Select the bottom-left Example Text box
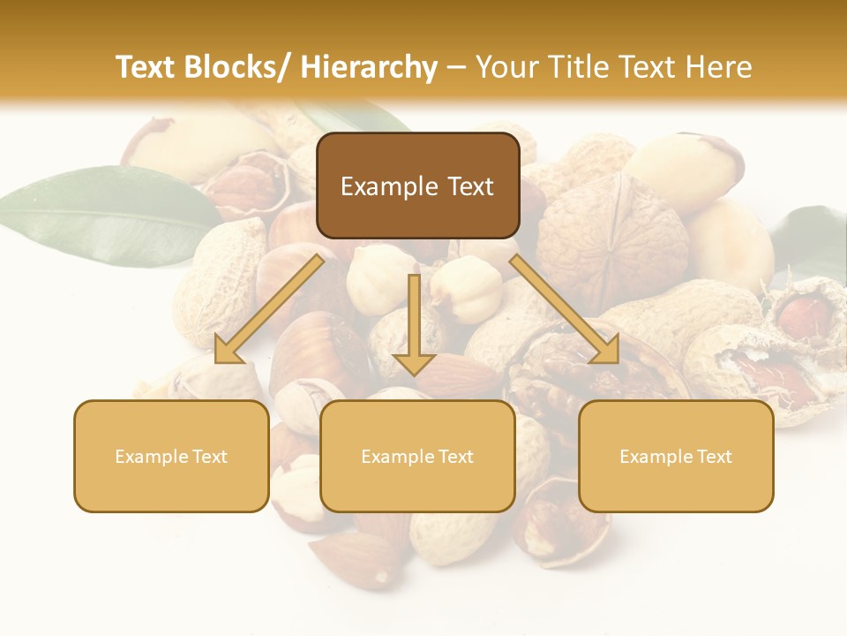click(x=171, y=456)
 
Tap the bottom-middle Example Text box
click(x=417, y=456)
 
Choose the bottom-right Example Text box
click(x=676, y=456)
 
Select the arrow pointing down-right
click(x=565, y=308)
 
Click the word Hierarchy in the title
click(x=369, y=67)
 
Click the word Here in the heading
click(x=718, y=67)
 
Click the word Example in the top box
click(x=389, y=186)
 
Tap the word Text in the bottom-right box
click(x=713, y=457)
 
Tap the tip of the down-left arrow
click(x=218, y=360)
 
